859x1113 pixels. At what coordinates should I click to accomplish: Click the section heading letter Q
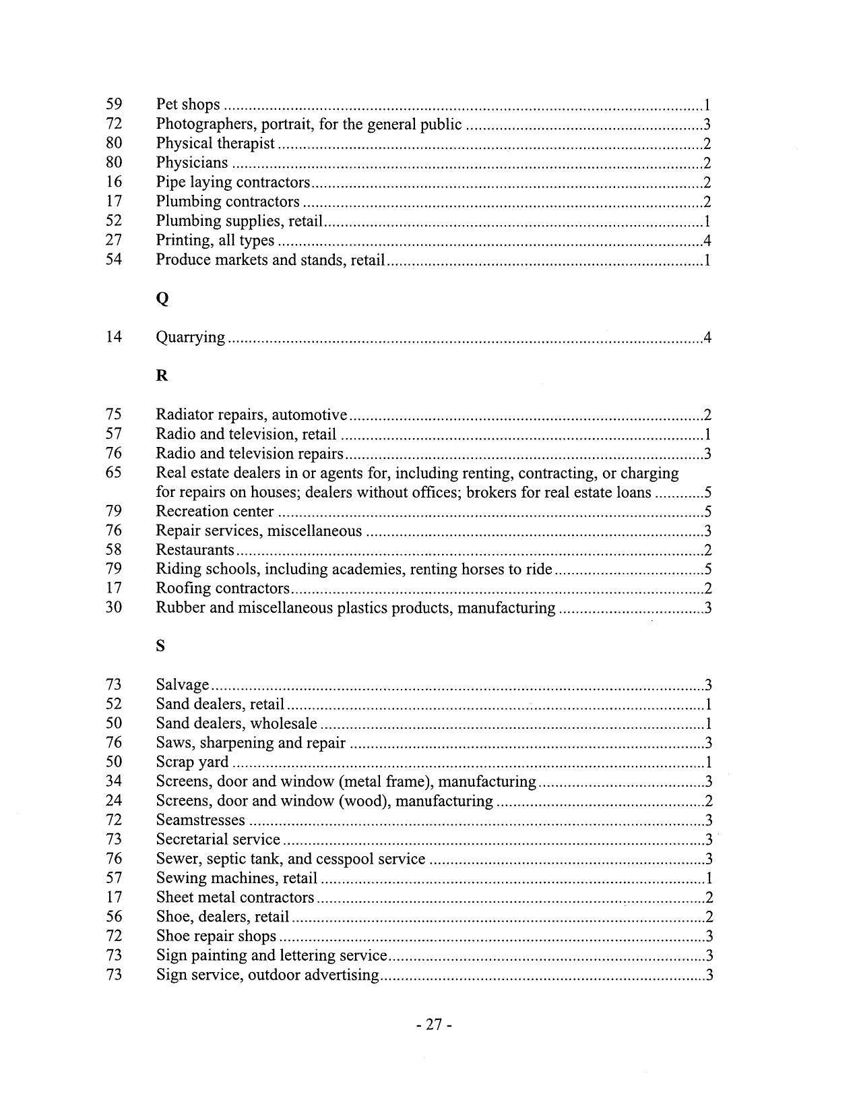coord(162,299)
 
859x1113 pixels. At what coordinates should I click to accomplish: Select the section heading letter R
coord(162,375)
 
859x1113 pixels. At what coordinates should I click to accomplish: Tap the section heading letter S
coord(160,646)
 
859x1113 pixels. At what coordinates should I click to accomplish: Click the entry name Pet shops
coord(188,104)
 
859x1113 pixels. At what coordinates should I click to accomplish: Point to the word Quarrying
coord(190,337)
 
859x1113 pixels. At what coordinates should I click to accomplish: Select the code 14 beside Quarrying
coord(114,336)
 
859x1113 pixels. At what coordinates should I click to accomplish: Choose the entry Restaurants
coord(195,550)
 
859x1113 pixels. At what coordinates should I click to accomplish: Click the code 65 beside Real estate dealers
coord(114,472)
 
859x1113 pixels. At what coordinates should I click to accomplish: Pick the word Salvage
coord(182,685)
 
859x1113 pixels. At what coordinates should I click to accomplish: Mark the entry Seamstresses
coord(200,820)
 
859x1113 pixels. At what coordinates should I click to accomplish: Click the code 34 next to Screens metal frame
coord(114,781)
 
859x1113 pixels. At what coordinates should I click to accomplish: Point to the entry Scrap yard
coord(192,762)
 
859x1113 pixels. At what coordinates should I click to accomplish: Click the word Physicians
coord(192,162)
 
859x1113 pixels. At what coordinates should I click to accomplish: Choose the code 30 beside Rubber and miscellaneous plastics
coord(114,607)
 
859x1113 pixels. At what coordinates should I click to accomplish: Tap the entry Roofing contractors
coord(222,589)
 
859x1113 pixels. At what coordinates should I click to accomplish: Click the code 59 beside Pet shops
coord(114,104)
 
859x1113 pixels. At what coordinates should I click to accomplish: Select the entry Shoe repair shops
coord(216,936)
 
